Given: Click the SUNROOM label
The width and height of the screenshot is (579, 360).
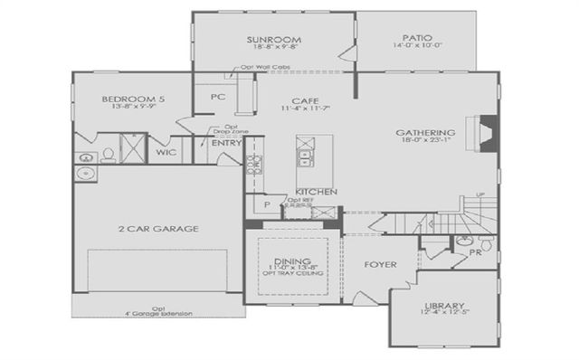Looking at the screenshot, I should tap(274, 41).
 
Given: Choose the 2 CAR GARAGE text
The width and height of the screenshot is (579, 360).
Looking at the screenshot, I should tap(157, 230).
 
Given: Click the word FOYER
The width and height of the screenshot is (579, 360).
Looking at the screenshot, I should tap(379, 265).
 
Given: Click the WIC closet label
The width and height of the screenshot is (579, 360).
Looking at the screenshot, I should tap(166, 154).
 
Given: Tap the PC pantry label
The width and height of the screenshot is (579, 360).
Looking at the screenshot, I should tap(217, 97).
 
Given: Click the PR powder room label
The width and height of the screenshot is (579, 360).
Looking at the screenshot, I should tap(476, 252).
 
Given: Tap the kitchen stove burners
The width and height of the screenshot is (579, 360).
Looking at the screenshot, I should tap(255, 164).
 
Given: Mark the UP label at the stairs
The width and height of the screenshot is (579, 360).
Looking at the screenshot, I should tap(480, 194).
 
